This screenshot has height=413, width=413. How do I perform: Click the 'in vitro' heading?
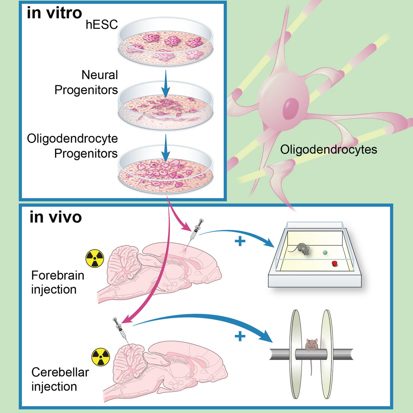tap(54, 13)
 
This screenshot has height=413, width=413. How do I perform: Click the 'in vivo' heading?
tap(56, 217)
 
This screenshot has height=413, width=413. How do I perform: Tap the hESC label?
tap(102, 24)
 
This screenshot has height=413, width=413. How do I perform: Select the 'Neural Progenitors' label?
tap(86, 82)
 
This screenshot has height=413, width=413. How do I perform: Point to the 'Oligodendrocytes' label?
tap(328, 149)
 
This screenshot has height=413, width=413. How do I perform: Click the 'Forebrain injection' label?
tap(57, 282)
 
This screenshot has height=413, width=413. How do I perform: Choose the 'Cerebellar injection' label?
tap(60, 379)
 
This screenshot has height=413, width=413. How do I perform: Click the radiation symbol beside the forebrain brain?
tap(95, 258)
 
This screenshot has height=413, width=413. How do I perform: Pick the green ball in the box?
tap(325, 252)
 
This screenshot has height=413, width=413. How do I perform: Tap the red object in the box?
tap(334, 264)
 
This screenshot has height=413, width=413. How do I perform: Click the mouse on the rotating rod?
tap(311, 344)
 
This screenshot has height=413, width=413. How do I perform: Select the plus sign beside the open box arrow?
tap(240, 241)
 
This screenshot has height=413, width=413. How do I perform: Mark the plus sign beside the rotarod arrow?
tap(240, 336)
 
